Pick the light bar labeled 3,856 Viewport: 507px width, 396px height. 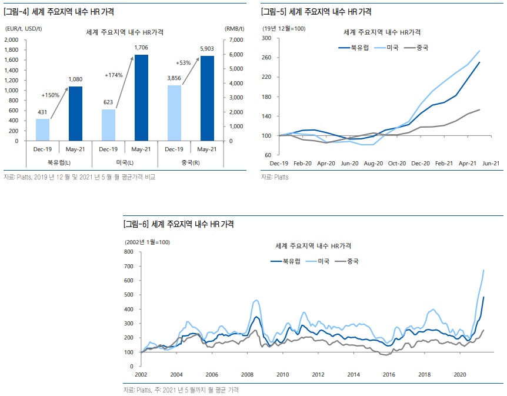[x=174, y=113]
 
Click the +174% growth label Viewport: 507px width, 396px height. [x=114, y=75]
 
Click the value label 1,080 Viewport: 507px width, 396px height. [x=75, y=79]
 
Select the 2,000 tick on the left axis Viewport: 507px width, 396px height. [x=11, y=39]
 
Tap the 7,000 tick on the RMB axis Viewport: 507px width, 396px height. [x=234, y=39]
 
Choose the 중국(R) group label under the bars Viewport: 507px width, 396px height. [x=191, y=162]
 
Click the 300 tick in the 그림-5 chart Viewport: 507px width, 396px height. [x=265, y=38]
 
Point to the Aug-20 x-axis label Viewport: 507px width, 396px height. [x=374, y=163]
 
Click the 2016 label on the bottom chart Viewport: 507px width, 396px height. [x=388, y=375]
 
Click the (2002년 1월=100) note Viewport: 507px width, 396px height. [x=147, y=242]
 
